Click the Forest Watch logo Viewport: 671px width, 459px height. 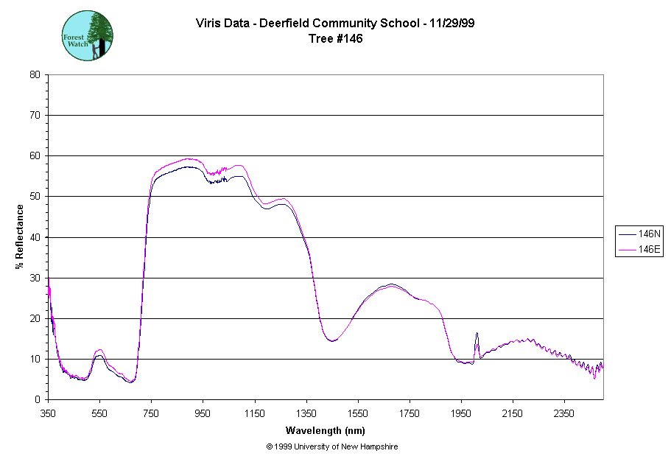point(88,35)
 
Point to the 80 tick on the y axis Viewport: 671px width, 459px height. point(35,74)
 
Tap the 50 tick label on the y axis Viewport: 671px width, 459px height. point(35,197)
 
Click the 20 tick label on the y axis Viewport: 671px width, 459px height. point(35,318)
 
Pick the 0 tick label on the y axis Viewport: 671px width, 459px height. point(38,399)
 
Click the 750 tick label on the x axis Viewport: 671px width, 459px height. point(151,413)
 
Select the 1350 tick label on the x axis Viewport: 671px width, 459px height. point(306,413)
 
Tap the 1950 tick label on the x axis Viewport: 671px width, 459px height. point(461,413)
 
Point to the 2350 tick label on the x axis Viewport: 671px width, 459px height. point(564,413)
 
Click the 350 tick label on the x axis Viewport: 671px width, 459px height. point(48,413)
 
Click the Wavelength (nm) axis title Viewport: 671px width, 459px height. point(326,430)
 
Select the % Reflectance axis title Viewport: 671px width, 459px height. point(20,236)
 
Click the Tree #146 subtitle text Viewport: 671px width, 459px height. point(335,39)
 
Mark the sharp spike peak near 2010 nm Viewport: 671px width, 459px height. point(477,334)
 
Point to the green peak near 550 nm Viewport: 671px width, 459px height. point(100,350)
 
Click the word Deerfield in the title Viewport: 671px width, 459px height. point(274,24)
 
